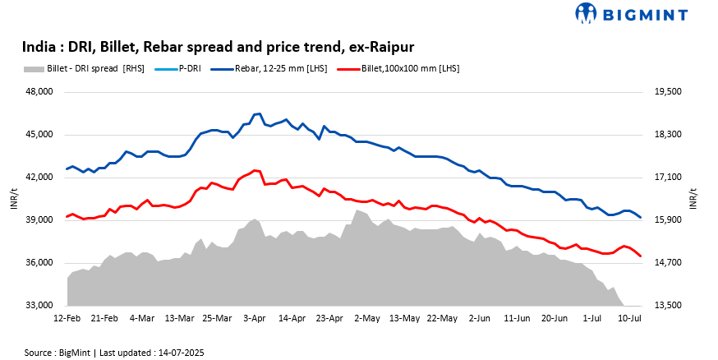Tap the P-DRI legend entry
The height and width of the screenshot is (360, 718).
188,68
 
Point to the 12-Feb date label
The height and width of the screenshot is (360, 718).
67,316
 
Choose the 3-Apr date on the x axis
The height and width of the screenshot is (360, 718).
255,316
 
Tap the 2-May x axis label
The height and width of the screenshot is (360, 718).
368,316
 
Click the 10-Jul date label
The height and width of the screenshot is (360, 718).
629,316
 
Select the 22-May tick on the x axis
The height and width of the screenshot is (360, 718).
442,316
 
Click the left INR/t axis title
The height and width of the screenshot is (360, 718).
14,199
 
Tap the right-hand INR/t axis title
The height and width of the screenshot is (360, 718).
694,199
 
